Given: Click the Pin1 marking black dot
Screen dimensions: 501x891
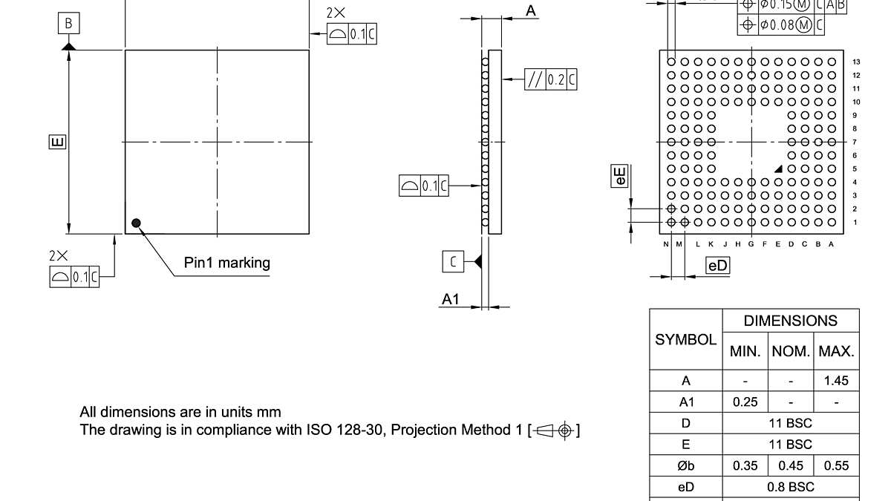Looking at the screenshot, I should [136, 223].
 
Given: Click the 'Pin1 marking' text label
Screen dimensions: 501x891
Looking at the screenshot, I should [227, 263].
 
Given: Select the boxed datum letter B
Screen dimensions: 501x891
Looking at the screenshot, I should [68, 24].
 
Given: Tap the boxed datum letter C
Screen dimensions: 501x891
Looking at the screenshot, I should [454, 261].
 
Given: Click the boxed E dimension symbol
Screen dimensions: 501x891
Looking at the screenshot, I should [58, 141].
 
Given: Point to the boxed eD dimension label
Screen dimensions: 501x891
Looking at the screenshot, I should [718, 266].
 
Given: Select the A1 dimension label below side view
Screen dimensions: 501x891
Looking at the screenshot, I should [451, 299].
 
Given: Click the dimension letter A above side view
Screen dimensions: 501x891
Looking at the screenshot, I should [531, 11].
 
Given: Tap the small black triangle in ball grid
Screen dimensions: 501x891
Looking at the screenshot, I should [778, 169].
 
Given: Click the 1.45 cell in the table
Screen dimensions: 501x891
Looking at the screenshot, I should [836, 381].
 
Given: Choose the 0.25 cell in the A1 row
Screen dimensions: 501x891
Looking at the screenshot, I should [745, 402].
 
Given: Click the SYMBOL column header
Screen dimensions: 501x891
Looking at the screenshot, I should [685, 339].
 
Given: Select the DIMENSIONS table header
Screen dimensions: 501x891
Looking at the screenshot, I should [790, 321].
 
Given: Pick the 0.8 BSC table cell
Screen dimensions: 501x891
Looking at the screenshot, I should [790, 487].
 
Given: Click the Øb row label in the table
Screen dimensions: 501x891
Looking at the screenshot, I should [685, 466].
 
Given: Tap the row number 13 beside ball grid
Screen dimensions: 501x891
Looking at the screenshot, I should [856, 62].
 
